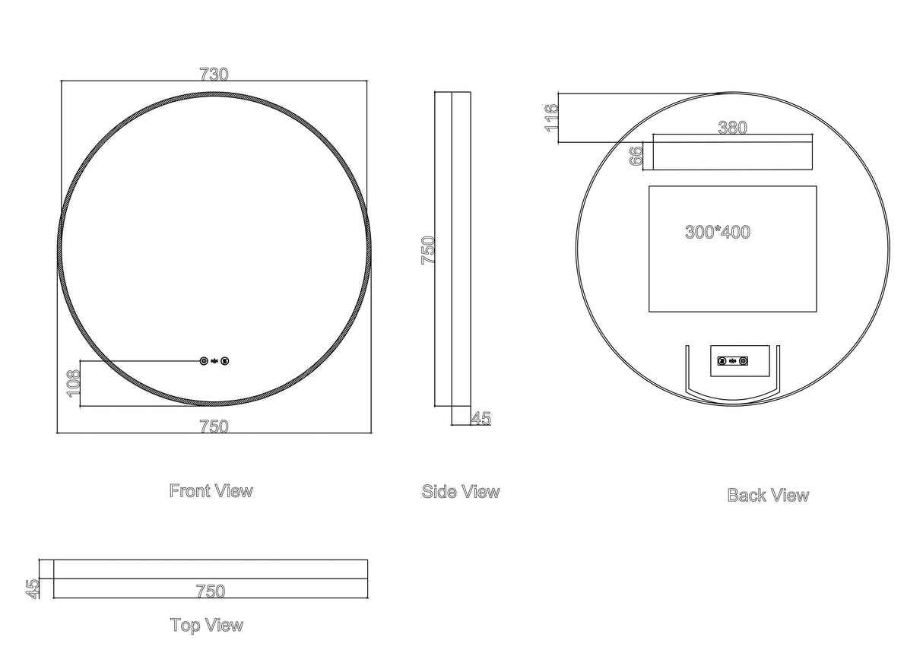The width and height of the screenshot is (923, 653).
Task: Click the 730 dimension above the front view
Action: (x=214, y=74)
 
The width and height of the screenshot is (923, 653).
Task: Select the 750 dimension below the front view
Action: (x=214, y=427)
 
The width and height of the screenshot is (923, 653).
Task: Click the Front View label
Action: (x=211, y=491)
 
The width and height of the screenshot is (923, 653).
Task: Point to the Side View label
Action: (x=461, y=492)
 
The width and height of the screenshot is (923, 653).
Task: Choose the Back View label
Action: (x=768, y=496)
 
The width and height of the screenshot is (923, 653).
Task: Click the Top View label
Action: (x=207, y=626)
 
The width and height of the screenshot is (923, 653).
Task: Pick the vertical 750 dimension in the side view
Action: (x=428, y=249)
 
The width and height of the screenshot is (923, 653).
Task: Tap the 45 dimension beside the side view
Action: (x=481, y=418)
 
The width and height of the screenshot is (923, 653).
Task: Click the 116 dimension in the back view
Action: (x=552, y=118)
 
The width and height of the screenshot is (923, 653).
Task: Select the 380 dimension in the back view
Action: (x=732, y=128)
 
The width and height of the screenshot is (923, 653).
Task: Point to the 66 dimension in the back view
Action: (x=637, y=156)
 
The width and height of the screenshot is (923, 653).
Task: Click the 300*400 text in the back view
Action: (x=718, y=233)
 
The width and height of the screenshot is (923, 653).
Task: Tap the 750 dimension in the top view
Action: (x=211, y=591)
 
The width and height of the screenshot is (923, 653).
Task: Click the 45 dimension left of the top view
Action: (x=33, y=588)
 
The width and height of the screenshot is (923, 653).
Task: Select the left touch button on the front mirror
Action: (x=204, y=361)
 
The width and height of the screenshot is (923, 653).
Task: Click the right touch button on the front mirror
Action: (x=225, y=361)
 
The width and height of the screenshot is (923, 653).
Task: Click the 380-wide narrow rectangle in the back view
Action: (x=732, y=157)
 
